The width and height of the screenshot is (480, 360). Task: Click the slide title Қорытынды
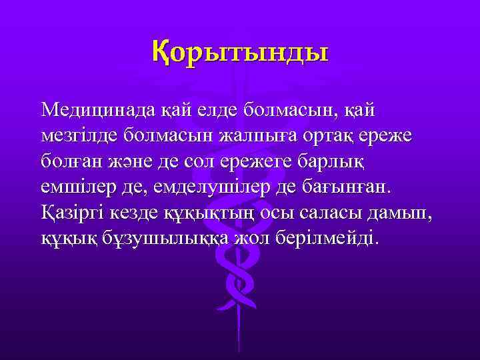(240, 51)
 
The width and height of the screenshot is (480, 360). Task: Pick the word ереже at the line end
(385, 135)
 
